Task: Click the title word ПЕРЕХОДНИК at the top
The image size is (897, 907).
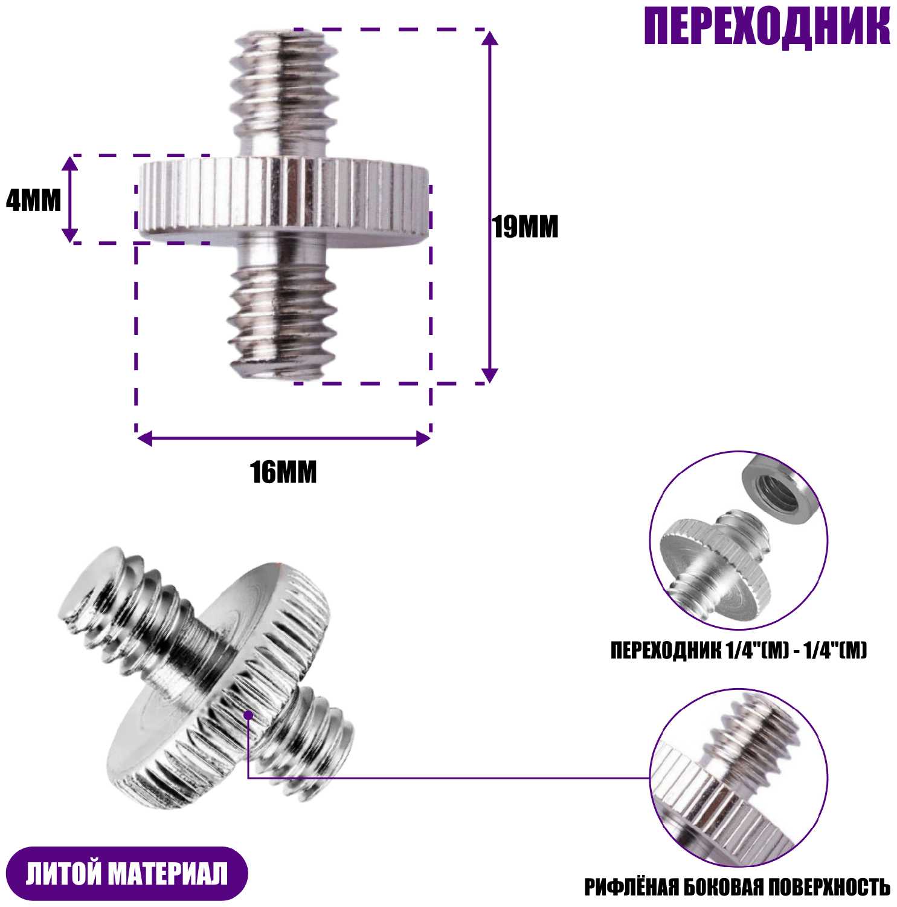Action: coord(767,27)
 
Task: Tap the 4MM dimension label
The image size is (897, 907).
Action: coord(33,200)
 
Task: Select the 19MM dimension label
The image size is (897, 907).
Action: coord(526,227)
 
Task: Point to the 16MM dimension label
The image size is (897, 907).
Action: coord(284,472)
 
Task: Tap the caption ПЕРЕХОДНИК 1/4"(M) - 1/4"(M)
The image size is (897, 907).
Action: coord(738,651)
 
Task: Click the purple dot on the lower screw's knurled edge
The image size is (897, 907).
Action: coord(248,715)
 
